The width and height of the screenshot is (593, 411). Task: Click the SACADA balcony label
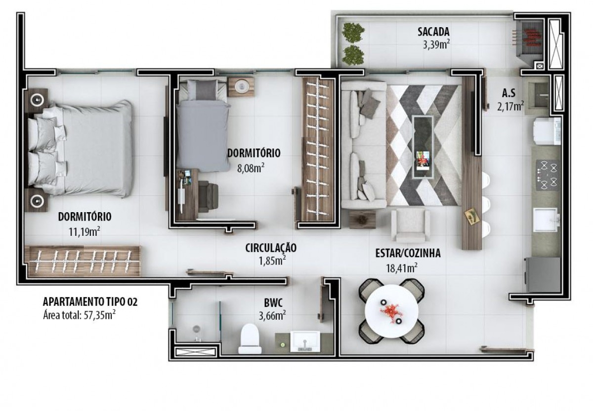(x=433, y=32)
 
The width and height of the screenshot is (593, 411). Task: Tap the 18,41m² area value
(x=402, y=268)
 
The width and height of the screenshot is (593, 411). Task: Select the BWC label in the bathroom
(x=273, y=302)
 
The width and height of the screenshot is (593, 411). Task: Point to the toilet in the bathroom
(x=250, y=338)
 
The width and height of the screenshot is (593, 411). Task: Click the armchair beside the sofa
(x=411, y=225)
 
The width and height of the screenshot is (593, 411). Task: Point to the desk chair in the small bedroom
(x=208, y=196)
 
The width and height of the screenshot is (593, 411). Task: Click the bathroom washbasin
(x=305, y=341)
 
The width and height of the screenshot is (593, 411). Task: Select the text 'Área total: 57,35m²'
(x=79, y=316)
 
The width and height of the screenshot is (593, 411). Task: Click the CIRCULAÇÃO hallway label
(x=271, y=248)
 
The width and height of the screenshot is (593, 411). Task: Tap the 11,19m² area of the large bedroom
(x=85, y=232)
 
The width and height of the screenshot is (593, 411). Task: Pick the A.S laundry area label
(x=509, y=93)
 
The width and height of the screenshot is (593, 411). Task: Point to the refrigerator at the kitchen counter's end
(x=543, y=275)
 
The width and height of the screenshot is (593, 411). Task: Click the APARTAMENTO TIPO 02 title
(x=90, y=302)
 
